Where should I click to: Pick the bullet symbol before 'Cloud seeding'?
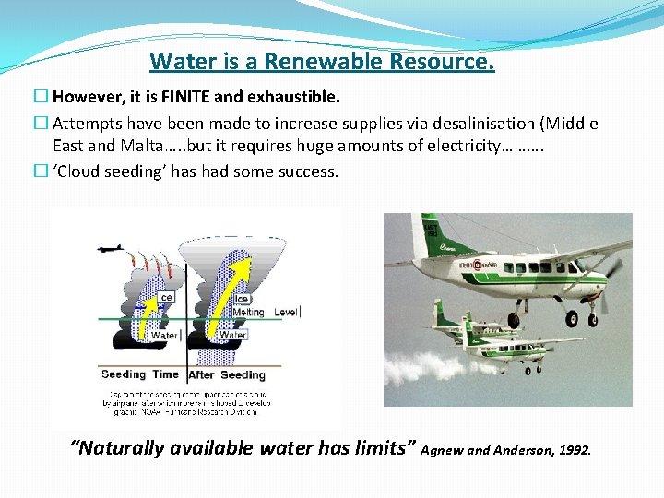coord(41,172)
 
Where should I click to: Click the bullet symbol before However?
coord(41,96)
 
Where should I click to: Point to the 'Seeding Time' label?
coord(139,374)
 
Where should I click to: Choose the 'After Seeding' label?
coord(227,374)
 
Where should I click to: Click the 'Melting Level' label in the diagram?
coord(265,313)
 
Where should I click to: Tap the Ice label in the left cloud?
coord(165,297)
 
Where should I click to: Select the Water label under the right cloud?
coord(232,336)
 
